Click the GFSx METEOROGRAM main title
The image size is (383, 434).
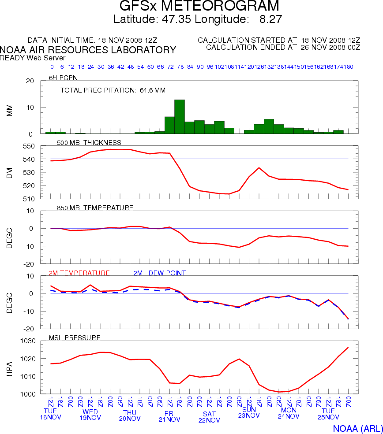[x=199, y=6]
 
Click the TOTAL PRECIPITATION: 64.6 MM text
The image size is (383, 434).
[x=113, y=90]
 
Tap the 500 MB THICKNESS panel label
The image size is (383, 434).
[x=89, y=143]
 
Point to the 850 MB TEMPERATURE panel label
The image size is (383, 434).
[x=95, y=208]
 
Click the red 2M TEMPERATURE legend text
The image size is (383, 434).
[x=79, y=273]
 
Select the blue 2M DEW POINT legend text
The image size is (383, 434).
[x=159, y=273]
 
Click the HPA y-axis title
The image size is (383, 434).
[x=9, y=368]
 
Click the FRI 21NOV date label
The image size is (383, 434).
[x=169, y=416]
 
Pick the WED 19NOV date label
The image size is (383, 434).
[x=90, y=415]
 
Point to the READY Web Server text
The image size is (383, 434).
[x=33, y=58]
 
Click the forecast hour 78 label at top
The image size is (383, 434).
[x=180, y=67]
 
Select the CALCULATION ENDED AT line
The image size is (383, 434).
[x=283, y=47]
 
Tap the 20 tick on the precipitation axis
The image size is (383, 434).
[x=30, y=81]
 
